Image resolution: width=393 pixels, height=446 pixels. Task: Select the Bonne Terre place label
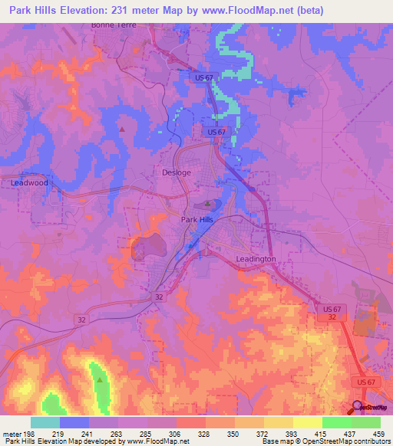[x=113, y=25]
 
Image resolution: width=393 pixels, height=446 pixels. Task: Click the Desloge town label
[x=177, y=172]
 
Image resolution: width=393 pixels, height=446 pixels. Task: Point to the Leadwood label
[x=29, y=183]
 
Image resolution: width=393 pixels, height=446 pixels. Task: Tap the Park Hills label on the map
[x=199, y=220]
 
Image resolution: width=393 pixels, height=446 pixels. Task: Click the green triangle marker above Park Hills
[x=207, y=204]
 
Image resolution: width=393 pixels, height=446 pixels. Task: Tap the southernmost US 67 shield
[x=364, y=381]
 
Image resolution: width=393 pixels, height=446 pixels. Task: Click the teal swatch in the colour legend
[x=45, y=422]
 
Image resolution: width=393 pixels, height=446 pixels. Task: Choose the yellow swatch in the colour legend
[x=308, y=422]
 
